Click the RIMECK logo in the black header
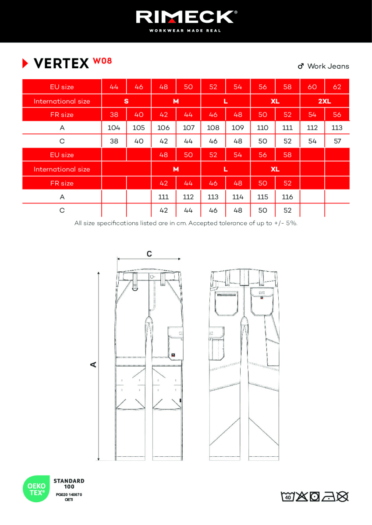pos(186,17)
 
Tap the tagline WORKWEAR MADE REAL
pos(186,31)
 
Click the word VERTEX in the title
pos(61,64)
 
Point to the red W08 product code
pos(102,61)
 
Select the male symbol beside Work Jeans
pos(301,66)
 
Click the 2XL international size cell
pos(324,101)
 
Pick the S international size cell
pos(126,101)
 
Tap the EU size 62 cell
pos(337,87)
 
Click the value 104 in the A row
pos(114,128)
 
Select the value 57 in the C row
pos(337,141)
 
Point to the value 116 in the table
pos(287,197)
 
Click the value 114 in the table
pos(238,197)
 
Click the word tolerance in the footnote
pos(237,223)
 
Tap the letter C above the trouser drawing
pos(149,254)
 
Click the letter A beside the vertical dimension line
pos(93,364)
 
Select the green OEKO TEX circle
pos(37,489)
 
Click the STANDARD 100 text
pos(69,483)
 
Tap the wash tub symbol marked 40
pos(287,497)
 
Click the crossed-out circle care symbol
pos(343,497)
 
